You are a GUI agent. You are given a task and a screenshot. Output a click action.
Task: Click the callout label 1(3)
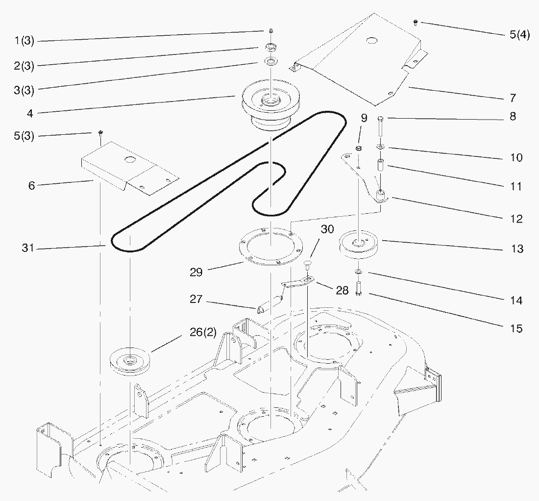point(24,41)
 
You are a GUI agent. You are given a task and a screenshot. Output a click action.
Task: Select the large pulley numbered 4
point(267,105)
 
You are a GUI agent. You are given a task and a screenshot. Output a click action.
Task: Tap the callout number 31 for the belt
point(27,249)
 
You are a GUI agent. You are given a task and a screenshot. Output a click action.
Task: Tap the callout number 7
point(513,99)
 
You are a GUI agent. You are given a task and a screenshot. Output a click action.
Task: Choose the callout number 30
point(327,229)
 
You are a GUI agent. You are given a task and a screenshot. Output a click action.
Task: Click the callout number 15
point(516,328)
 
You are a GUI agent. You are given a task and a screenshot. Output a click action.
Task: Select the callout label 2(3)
point(24,66)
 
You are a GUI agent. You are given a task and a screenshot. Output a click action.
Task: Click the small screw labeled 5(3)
point(100,132)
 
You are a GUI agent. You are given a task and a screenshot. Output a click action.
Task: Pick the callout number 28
point(342,291)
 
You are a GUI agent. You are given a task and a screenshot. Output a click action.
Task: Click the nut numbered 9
point(359,149)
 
